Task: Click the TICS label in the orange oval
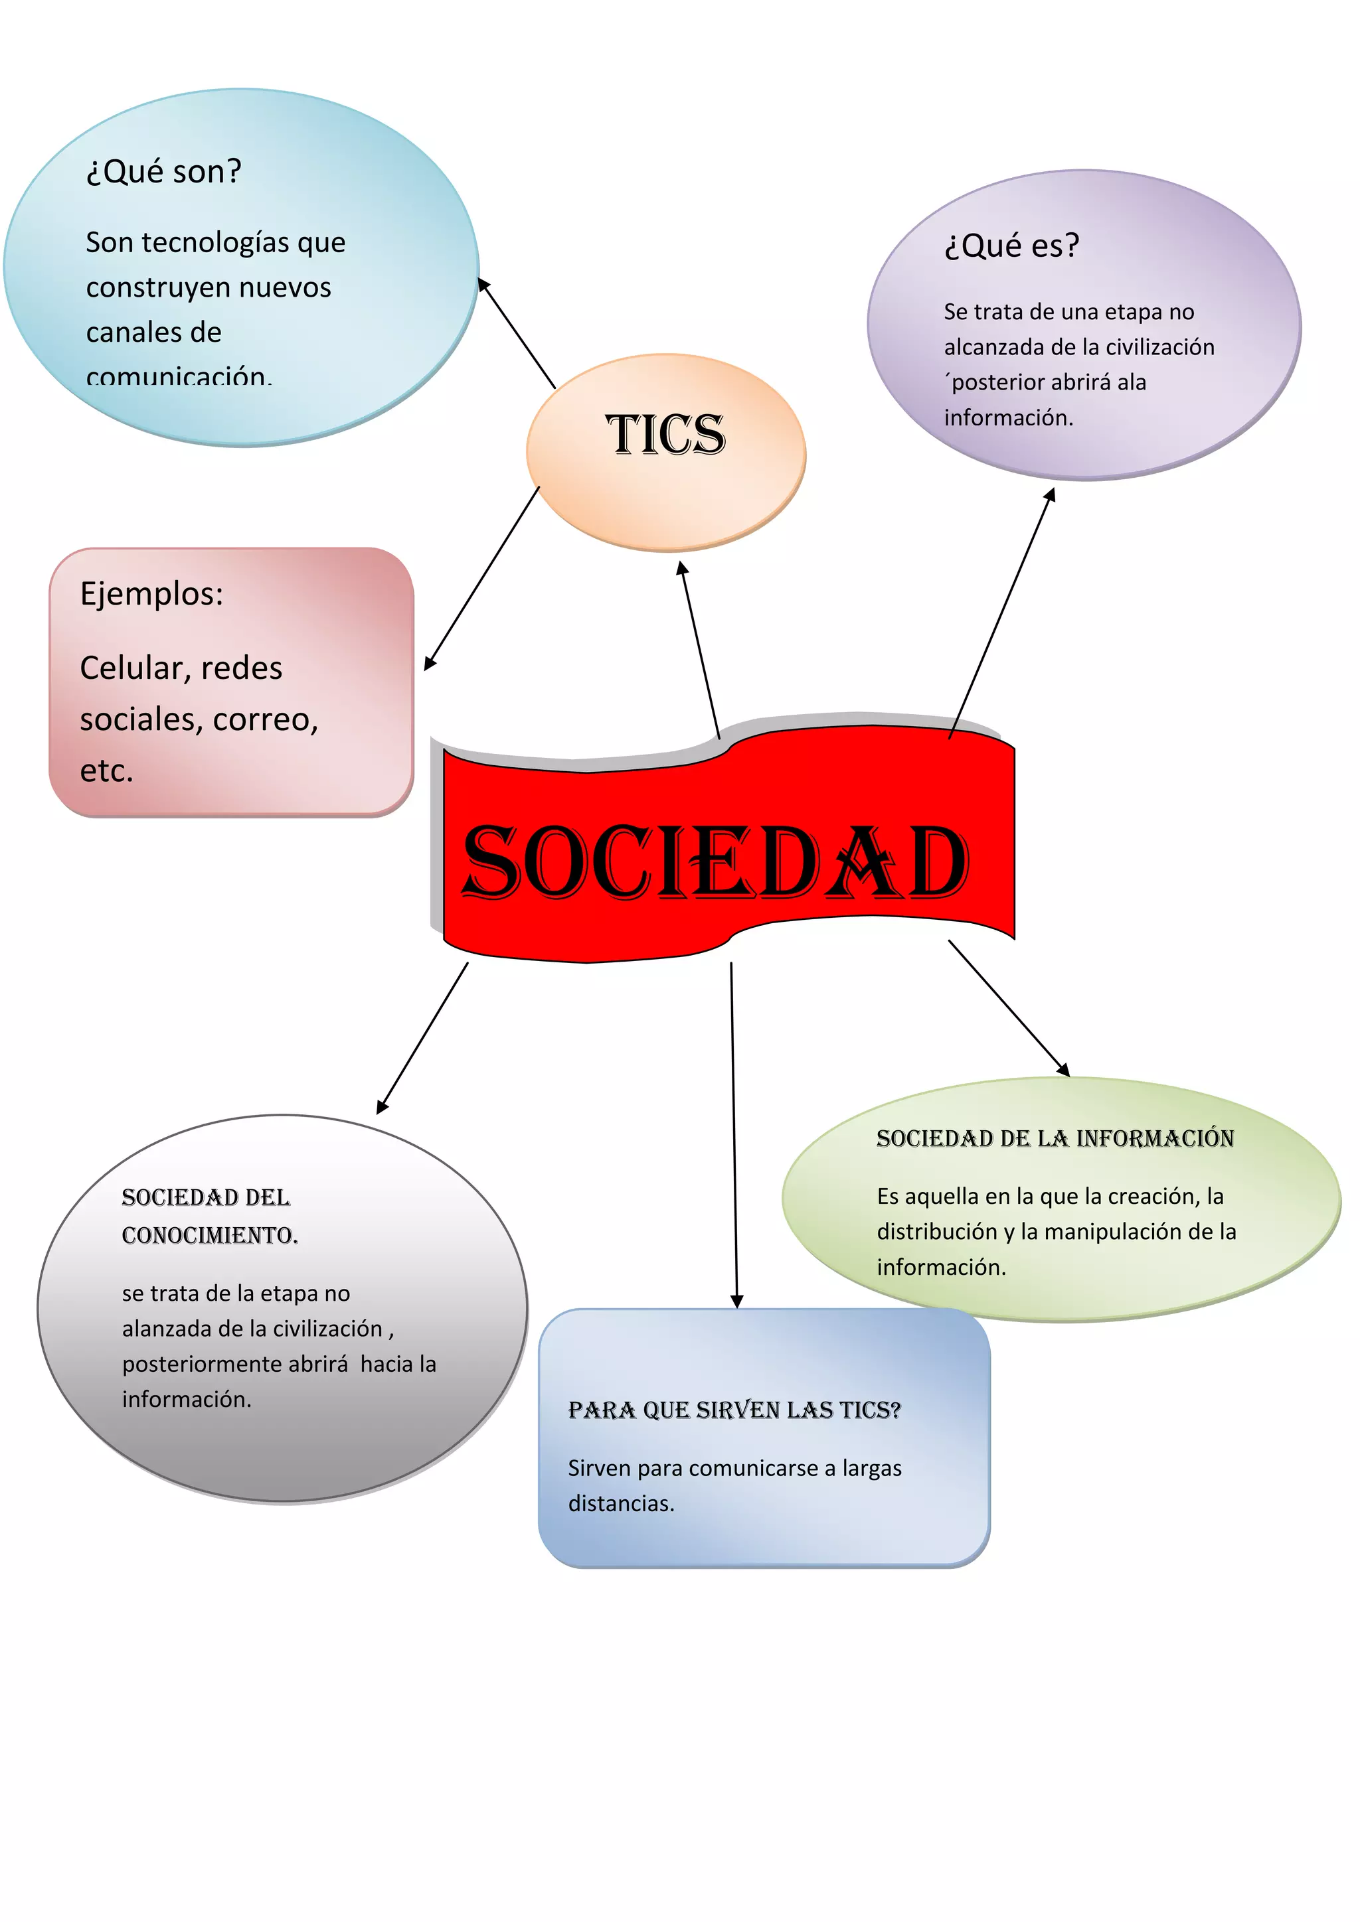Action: click(x=666, y=435)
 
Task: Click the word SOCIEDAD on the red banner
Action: click(x=715, y=862)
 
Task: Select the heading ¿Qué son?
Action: click(x=163, y=172)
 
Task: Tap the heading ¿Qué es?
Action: click(x=1011, y=246)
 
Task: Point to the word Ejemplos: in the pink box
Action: click(x=151, y=593)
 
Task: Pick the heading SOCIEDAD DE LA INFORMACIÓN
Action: click(x=1055, y=1138)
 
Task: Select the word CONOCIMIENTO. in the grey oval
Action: click(x=209, y=1236)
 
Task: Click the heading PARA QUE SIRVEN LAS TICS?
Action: click(x=734, y=1410)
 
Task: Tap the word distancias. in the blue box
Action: click(x=620, y=1503)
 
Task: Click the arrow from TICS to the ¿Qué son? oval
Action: click(x=516, y=333)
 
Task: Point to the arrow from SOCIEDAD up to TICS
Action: click(x=699, y=649)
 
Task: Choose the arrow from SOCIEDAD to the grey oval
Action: click(x=422, y=1038)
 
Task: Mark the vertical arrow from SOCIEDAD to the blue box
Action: click(x=734, y=1134)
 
